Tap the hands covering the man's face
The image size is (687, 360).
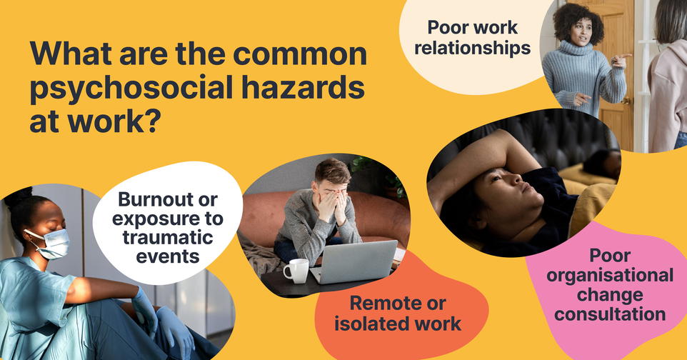334,204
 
